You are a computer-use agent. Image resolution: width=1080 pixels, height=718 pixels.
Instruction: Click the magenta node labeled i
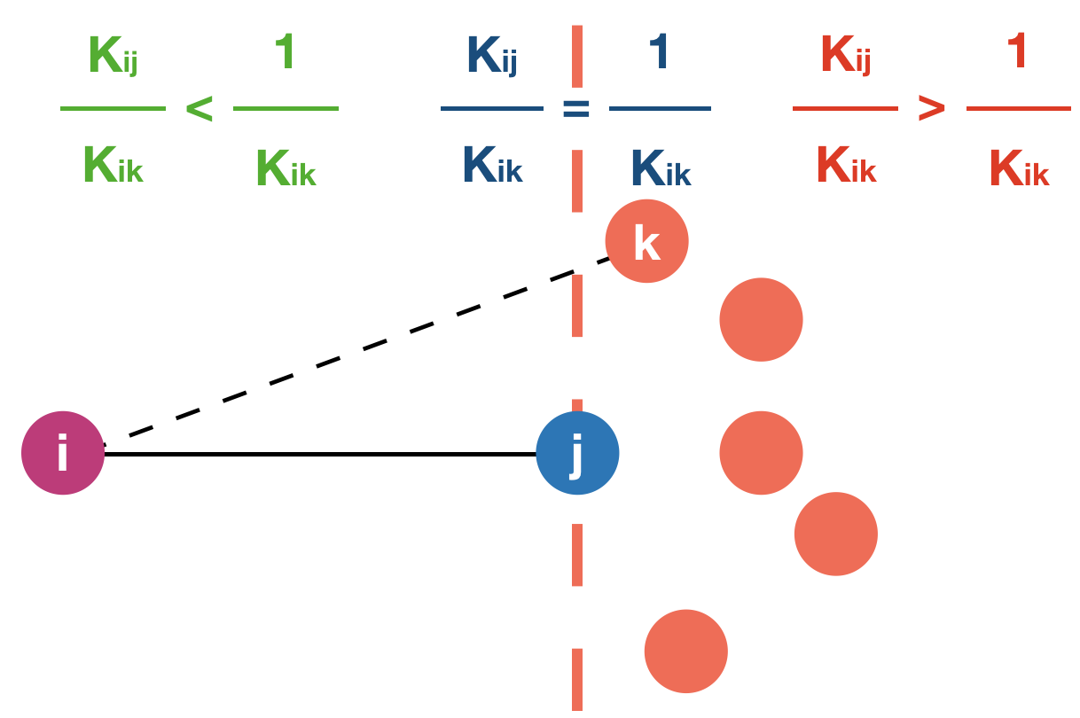[63, 453]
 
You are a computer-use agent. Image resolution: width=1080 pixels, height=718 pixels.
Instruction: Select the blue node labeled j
[577, 453]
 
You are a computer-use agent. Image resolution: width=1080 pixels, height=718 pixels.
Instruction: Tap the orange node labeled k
[646, 241]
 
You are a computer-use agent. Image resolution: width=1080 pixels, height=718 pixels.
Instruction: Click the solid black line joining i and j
[319, 454]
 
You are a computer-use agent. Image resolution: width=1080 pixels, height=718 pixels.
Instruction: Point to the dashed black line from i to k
[355, 349]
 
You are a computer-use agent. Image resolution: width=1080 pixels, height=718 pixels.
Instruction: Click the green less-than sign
[200, 109]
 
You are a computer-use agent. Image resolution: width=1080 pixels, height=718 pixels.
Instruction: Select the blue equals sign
[576, 109]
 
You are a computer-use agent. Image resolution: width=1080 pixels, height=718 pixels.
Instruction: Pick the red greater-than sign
[932, 109]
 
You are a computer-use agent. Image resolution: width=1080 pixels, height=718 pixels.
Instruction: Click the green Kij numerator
[113, 57]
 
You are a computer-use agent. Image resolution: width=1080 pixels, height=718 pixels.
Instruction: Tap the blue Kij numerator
[491, 57]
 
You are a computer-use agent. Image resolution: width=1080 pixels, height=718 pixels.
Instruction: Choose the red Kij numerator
[845, 57]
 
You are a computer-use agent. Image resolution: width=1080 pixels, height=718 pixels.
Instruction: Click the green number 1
[285, 53]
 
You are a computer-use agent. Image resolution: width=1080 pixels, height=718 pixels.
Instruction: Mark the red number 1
[1017, 53]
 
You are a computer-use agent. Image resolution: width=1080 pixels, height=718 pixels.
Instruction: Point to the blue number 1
[660, 53]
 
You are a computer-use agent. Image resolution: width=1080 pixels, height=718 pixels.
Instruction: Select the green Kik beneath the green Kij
[113, 166]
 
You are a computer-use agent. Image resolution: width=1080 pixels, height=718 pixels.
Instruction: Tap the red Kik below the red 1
[1019, 168]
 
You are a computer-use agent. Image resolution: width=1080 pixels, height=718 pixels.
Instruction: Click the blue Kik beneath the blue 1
[661, 168]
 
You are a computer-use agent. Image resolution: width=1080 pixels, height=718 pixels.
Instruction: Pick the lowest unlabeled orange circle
[685, 652]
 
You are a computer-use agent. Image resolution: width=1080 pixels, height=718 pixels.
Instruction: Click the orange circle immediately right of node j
[761, 453]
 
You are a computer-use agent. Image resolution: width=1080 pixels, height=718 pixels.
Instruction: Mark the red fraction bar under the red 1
[1019, 109]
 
